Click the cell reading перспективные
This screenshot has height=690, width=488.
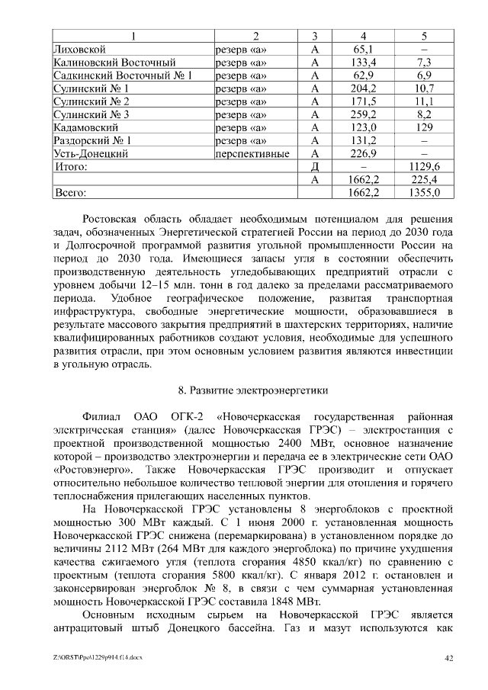(252, 153)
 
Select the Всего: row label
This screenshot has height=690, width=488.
(70, 193)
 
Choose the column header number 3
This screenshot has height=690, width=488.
(315, 36)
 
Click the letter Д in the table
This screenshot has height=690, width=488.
(315, 166)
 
